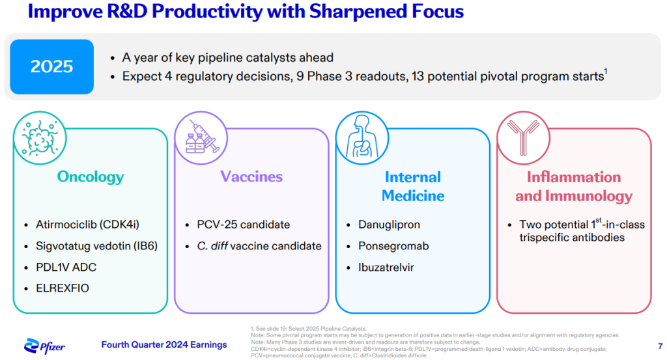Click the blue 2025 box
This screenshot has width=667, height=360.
52,67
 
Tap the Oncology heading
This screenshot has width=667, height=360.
91,177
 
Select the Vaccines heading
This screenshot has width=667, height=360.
251,176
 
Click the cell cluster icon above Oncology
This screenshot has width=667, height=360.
40,138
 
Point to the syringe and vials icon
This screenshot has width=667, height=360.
201,138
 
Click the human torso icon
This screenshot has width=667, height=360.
362,138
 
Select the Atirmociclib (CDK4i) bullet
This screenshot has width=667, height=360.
88,225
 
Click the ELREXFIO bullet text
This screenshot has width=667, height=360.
63,288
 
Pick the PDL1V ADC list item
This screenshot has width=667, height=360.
66,268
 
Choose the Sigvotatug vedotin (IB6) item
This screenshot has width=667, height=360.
96,246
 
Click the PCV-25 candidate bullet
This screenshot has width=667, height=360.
244,225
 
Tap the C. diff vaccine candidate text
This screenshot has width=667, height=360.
259,246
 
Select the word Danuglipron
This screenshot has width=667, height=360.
389,225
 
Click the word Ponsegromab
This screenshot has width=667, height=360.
393,246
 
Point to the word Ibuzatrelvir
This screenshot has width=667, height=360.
386,268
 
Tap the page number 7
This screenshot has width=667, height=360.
660,346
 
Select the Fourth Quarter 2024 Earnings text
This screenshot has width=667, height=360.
164,344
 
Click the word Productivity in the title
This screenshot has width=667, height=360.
207,12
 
